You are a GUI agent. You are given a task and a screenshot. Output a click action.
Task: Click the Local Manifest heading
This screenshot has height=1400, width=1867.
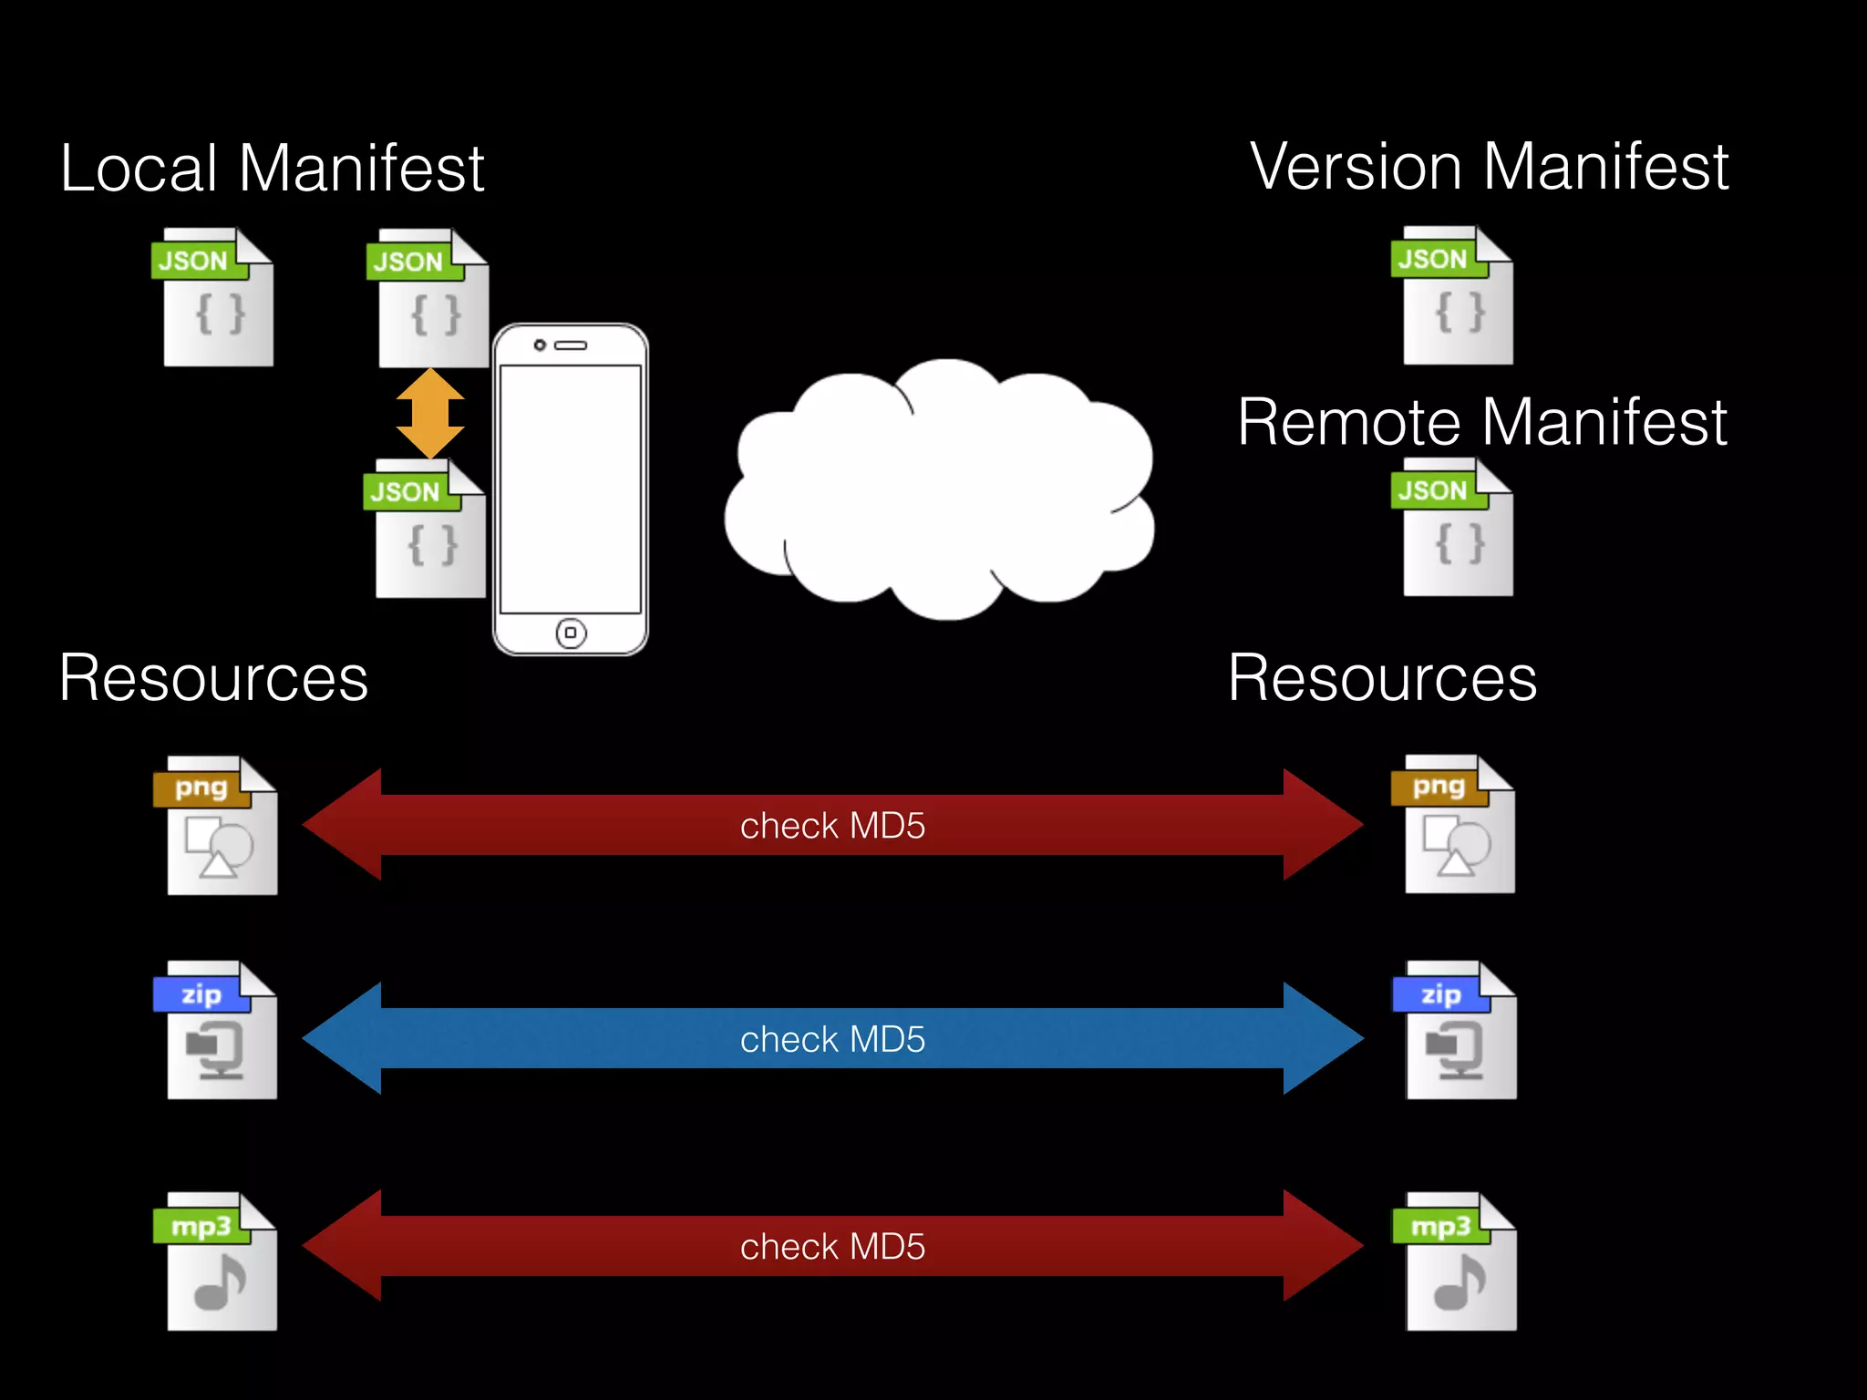click(272, 169)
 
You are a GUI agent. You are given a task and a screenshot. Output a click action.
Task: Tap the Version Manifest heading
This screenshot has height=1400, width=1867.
click(1489, 167)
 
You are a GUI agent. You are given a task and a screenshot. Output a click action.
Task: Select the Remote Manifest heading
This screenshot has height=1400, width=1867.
click(1481, 422)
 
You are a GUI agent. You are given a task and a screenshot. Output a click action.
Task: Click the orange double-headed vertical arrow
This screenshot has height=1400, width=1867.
click(430, 414)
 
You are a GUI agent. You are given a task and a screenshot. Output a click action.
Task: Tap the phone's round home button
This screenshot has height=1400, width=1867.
click(571, 633)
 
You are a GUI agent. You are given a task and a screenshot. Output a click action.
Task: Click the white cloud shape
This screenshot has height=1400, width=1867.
click(939, 492)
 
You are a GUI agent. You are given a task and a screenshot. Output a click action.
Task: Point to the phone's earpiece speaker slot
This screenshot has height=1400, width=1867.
click(572, 345)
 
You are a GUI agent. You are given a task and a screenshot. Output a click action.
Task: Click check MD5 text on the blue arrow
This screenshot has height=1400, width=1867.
click(832, 1039)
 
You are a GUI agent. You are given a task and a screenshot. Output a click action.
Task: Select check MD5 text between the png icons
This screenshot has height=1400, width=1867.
click(832, 826)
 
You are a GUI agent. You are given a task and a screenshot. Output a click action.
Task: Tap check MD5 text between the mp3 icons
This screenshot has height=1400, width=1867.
click(832, 1246)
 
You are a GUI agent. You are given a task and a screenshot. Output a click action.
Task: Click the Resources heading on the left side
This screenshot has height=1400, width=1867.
click(213, 678)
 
